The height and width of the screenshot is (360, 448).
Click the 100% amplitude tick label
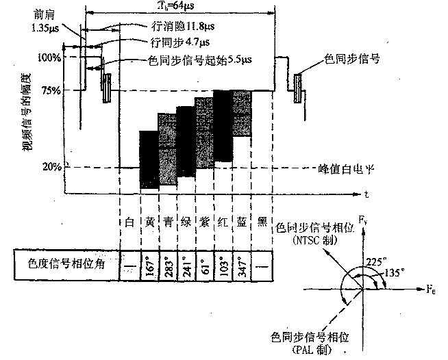click(51, 57)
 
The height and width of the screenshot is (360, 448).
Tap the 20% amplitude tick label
click(53, 166)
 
